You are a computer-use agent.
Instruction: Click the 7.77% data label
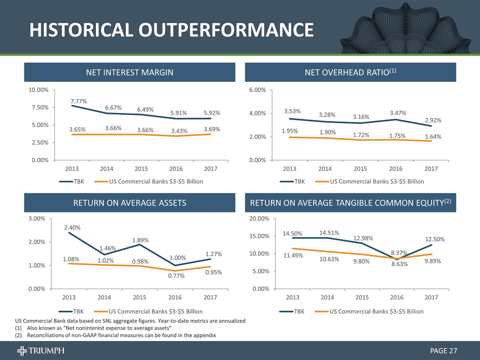tap(79, 101)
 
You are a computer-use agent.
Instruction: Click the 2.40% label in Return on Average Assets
tap(72, 228)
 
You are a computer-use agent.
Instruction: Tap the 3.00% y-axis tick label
tap(36, 219)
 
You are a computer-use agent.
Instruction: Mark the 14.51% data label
tap(329, 232)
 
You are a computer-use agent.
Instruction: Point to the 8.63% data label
tap(399, 263)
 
